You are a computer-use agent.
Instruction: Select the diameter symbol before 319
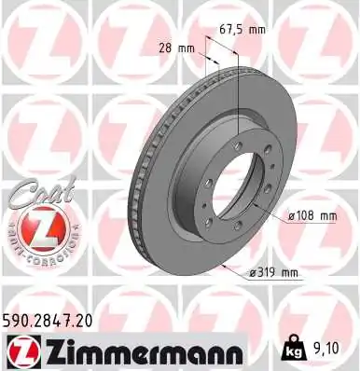tap(252, 273)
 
